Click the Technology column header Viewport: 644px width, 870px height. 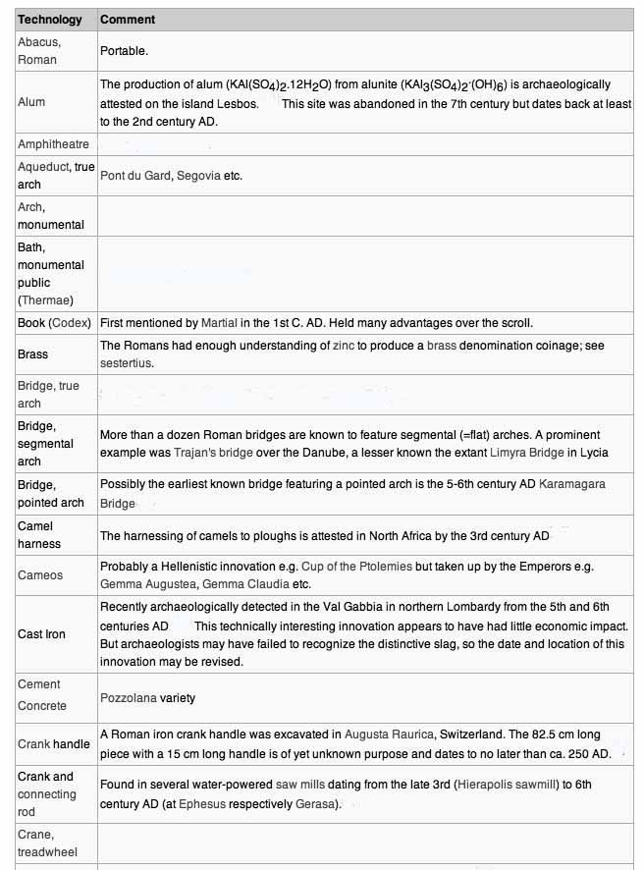point(50,20)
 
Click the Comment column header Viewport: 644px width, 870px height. point(128,20)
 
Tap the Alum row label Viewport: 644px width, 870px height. point(31,102)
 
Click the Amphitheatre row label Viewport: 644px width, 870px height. point(53,144)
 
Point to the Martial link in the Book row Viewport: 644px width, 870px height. point(219,322)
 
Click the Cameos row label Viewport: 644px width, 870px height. point(40,575)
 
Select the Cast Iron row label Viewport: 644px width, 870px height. point(42,634)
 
